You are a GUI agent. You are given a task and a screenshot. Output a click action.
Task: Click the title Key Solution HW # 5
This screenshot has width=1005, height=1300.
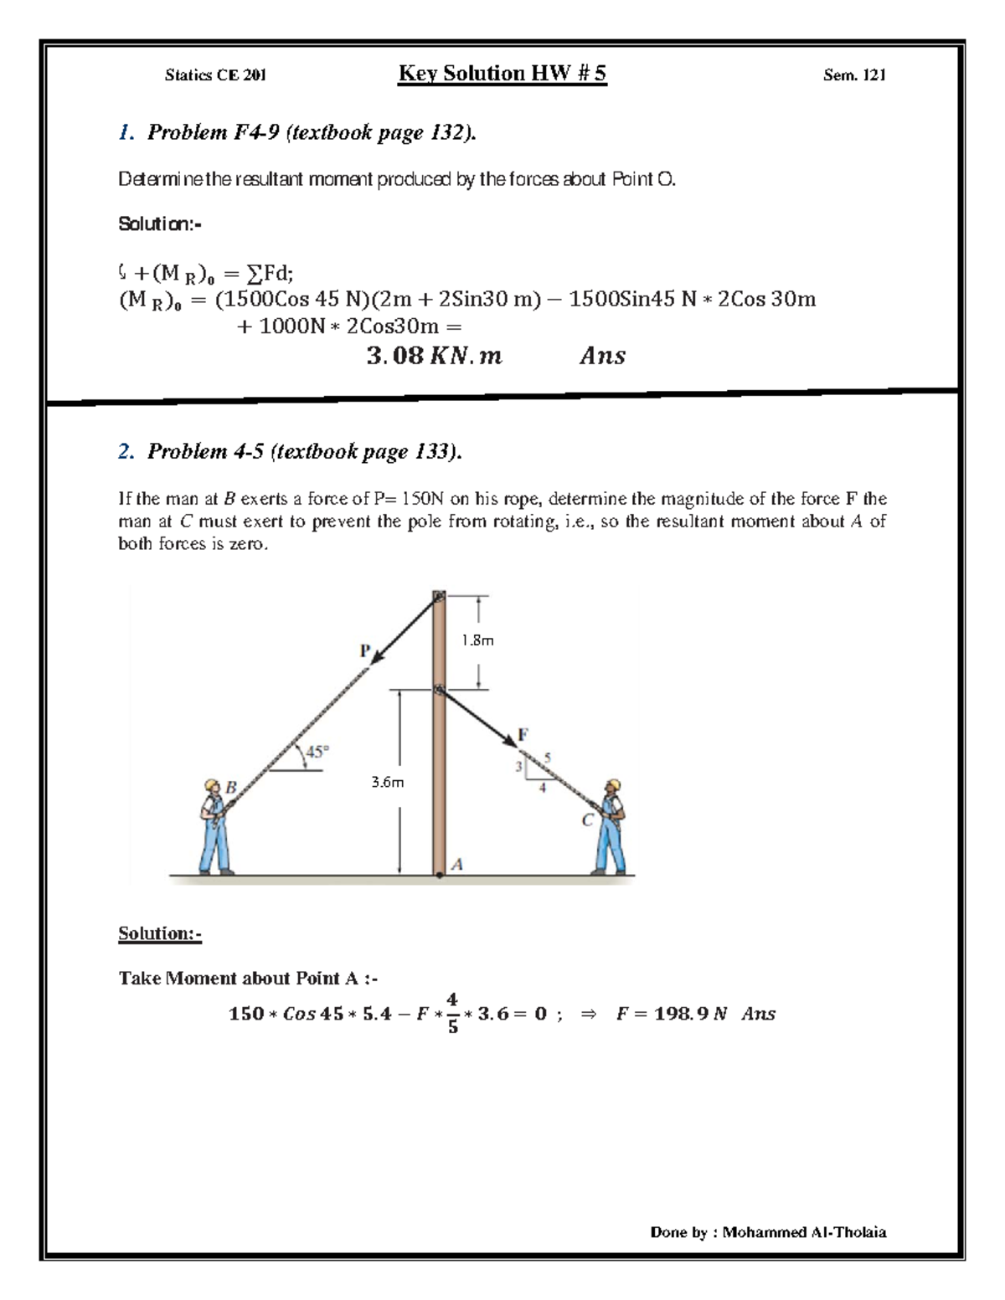(502, 74)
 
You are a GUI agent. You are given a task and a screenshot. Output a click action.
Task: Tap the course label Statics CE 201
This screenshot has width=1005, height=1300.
(215, 75)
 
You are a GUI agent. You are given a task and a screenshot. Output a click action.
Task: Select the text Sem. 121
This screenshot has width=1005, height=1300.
(853, 75)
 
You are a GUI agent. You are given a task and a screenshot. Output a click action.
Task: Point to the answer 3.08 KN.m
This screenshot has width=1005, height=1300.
(434, 356)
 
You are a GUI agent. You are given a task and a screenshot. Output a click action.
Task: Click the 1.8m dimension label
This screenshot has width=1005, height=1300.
(477, 640)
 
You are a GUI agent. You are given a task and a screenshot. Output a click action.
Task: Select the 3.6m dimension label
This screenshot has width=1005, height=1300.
(387, 783)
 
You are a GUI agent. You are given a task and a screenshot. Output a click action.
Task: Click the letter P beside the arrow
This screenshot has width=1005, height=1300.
(364, 650)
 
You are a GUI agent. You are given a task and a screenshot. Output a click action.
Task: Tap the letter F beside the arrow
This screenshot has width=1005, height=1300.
(523, 734)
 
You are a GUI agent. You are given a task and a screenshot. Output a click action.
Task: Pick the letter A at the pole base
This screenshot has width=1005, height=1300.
(457, 864)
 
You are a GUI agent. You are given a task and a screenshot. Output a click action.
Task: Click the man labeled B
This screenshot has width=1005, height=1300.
(214, 829)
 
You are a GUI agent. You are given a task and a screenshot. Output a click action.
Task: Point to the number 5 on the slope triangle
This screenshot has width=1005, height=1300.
(548, 758)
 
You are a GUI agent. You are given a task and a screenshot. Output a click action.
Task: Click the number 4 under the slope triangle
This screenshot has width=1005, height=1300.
(542, 789)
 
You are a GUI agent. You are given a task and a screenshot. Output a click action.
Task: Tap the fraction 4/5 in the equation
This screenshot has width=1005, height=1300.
(452, 1013)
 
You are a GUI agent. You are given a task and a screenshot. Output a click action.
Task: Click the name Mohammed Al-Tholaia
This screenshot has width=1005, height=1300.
(804, 1232)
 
